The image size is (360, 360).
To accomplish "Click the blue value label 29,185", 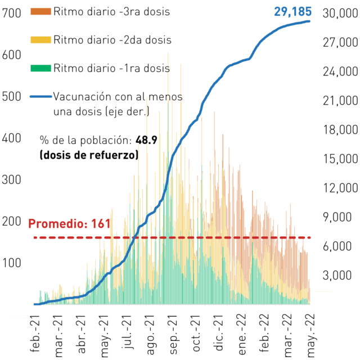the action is pyautogui.click(x=292, y=11).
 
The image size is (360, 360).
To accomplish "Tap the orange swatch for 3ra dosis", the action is pyautogui.click(x=40, y=11).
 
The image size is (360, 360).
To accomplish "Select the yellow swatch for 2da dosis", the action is pyautogui.click(x=40, y=40).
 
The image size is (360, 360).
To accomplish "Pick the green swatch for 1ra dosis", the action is pyautogui.click(x=40, y=68).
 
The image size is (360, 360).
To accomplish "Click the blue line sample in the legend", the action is pyautogui.click(x=41, y=97).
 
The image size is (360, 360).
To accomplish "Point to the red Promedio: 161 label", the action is pyautogui.click(x=69, y=224).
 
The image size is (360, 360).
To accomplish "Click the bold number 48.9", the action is pyautogui.click(x=146, y=140).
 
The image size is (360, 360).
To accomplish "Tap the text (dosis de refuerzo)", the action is pyautogui.click(x=89, y=155).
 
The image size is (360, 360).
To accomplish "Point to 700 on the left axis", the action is pyautogui.click(x=11, y=13).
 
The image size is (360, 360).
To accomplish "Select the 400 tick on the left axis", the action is pyautogui.click(x=11, y=138).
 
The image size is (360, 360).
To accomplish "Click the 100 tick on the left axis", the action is pyautogui.click(x=11, y=263).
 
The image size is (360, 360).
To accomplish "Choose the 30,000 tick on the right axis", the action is pyautogui.click(x=340, y=13).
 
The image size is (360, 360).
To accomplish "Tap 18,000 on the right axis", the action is pyautogui.click(x=340, y=130).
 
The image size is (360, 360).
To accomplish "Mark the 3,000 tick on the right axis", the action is pyautogui.click(x=337, y=275).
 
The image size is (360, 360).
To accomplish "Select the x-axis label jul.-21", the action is pyautogui.click(x=127, y=331).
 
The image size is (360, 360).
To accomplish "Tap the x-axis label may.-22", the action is pyautogui.click(x=311, y=336).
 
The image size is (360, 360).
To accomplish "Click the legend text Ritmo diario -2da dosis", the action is pyautogui.click(x=112, y=40).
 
